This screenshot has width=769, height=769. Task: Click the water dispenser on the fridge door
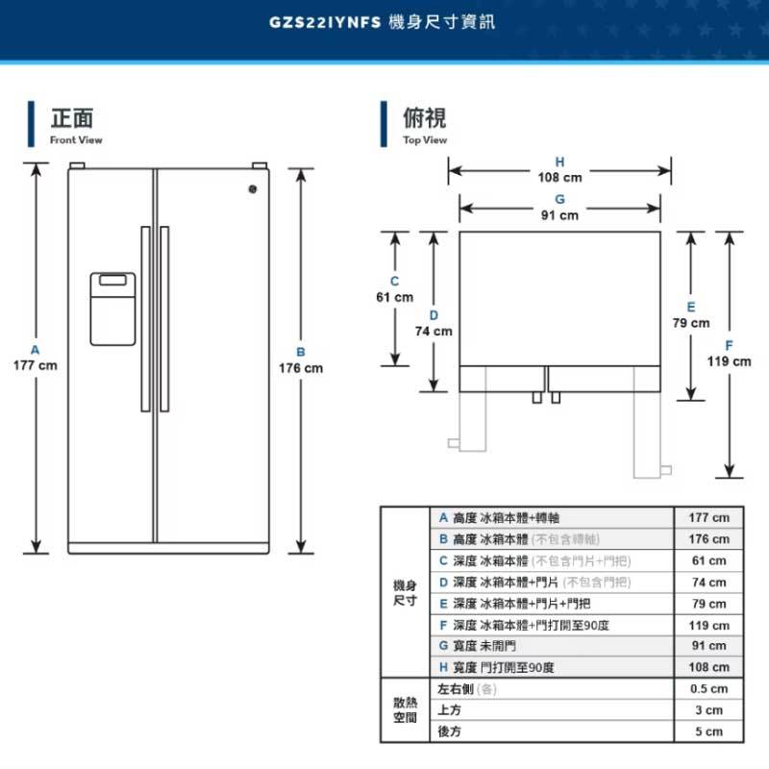(112, 309)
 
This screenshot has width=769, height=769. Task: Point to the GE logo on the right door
(254, 190)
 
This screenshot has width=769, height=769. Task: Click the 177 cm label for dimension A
(35, 366)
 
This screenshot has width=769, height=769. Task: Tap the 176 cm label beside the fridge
(301, 368)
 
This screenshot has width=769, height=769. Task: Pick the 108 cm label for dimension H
(559, 178)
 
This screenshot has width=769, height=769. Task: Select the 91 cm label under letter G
(559, 215)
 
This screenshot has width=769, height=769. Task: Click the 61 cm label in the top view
(394, 297)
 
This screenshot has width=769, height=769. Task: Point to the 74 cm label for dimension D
(434, 332)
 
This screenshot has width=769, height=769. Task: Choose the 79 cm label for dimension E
(690, 323)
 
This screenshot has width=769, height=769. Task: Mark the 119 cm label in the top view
(730, 361)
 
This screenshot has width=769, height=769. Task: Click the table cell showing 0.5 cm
(708, 689)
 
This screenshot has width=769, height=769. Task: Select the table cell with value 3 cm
(708, 710)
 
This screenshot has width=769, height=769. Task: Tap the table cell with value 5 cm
(708, 732)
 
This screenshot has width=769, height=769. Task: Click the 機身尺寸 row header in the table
(405, 592)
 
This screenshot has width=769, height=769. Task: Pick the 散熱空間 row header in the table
(405, 710)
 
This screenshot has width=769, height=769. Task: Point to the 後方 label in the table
(450, 732)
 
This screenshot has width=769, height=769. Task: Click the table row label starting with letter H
(500, 667)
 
